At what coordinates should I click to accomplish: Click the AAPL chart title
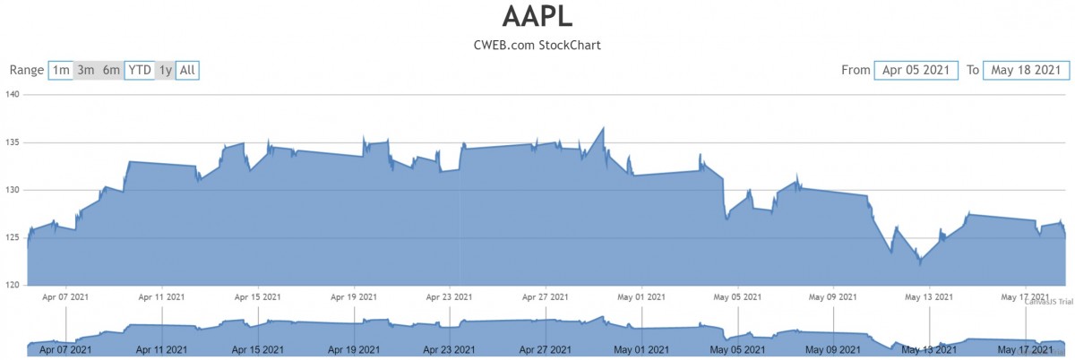pos(537,17)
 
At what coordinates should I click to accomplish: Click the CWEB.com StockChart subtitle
pos(537,45)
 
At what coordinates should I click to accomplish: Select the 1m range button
pos(61,70)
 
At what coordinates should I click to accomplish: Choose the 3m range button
pos(86,70)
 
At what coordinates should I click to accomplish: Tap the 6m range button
pos(111,70)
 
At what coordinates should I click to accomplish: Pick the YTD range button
pos(139,70)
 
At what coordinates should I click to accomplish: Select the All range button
pos(187,70)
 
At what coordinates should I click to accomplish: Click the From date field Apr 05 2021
pos(916,70)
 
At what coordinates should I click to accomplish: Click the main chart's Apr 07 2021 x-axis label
pos(66,296)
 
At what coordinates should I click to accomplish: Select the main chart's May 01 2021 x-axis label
pos(642,296)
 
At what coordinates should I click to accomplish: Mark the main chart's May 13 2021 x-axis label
pos(930,296)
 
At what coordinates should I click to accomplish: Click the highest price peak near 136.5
pos(603,127)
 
